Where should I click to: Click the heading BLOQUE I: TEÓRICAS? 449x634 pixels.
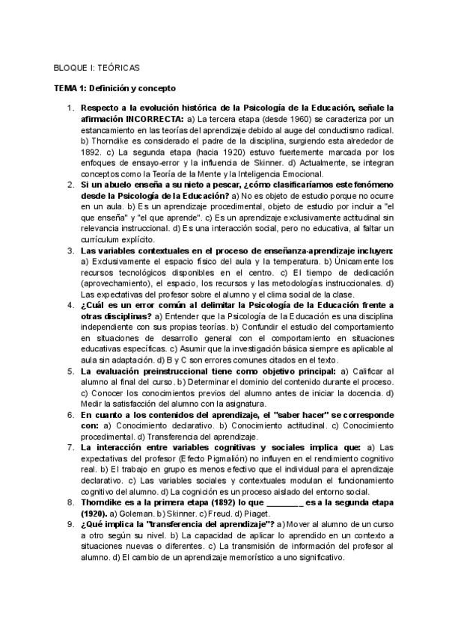click(97, 67)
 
